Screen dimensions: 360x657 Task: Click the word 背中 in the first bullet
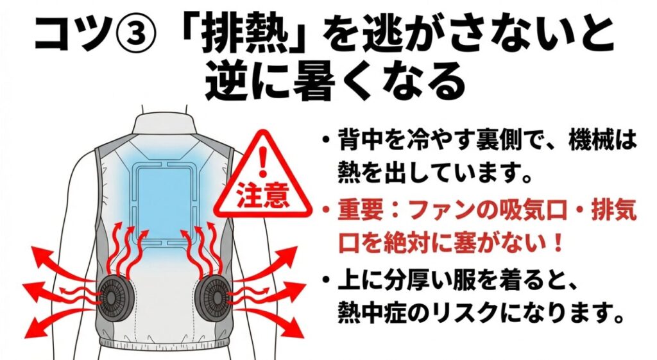[x=357, y=142]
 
